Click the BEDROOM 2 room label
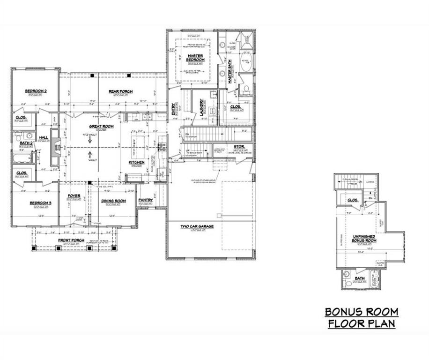[36, 91]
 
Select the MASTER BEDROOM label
[195, 58]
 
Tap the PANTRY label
[146, 200]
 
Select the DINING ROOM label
[114, 201]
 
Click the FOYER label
[74, 195]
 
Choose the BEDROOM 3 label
[36, 203]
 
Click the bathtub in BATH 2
[22, 158]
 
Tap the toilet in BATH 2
[18, 136]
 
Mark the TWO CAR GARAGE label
[197, 226]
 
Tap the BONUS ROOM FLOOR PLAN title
[362, 317]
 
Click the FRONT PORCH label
[71, 240]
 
